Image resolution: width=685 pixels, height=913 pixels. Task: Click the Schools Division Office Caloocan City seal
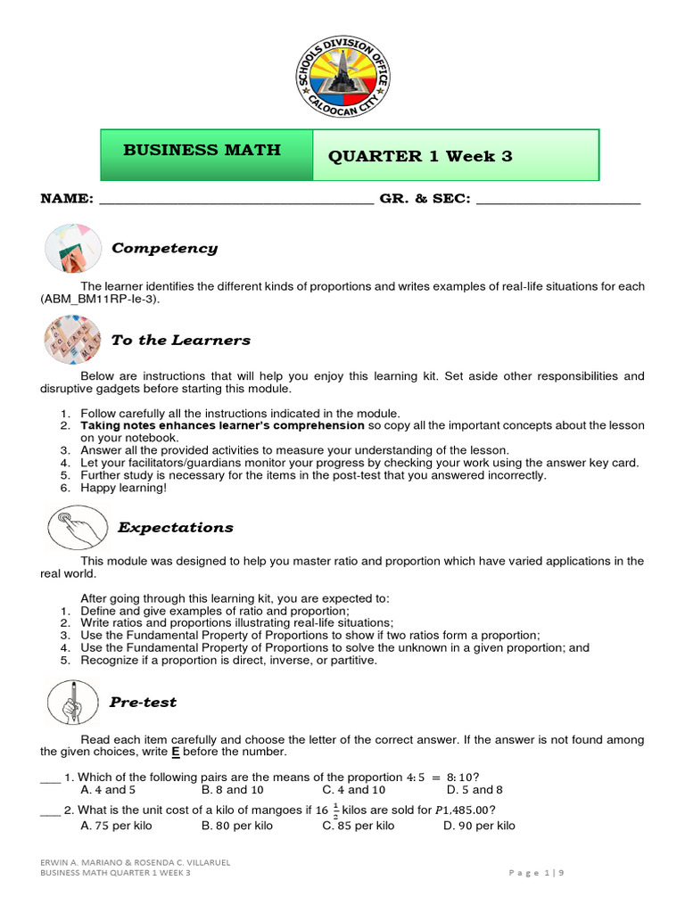click(342, 81)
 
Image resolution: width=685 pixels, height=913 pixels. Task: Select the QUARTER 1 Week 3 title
click(420, 156)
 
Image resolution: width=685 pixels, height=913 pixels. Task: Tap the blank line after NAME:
click(235, 200)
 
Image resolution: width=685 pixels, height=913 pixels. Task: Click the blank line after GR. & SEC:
click(558, 200)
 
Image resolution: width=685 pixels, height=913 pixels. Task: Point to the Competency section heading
click(164, 248)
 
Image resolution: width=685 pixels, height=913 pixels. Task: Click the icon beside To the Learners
click(72, 340)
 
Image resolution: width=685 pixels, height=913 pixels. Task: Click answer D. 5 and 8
click(475, 790)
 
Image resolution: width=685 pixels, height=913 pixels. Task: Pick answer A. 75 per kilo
click(116, 826)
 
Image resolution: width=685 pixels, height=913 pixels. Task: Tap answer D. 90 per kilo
click(479, 826)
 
